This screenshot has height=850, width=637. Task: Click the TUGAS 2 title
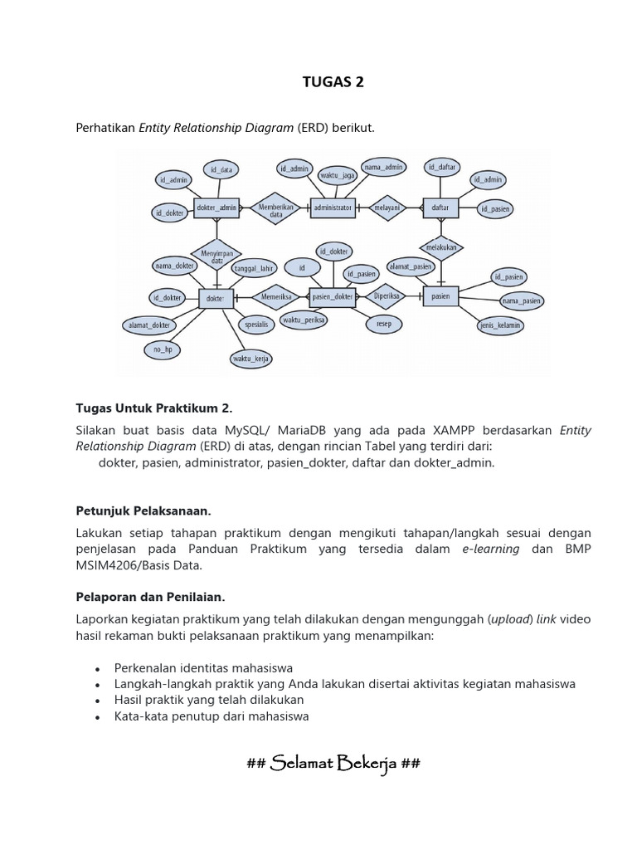[x=331, y=82]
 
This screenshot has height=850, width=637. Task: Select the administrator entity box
[x=333, y=208]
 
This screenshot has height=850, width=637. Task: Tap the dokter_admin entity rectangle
[x=216, y=208]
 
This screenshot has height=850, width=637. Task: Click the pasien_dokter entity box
[x=332, y=296]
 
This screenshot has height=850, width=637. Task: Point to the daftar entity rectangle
[x=440, y=208]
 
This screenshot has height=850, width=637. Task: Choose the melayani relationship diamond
[x=387, y=208]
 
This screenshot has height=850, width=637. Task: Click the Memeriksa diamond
[x=275, y=296]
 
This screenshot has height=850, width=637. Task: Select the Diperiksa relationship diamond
[x=387, y=296]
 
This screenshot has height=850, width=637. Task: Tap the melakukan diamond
[x=441, y=247]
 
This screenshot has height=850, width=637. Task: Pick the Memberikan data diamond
[x=275, y=208]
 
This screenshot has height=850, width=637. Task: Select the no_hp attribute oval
[x=162, y=349]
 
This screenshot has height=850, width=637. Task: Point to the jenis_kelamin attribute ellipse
[x=500, y=325]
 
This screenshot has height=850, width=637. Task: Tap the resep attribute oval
[x=384, y=323]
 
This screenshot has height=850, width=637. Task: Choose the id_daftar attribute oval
[x=443, y=167]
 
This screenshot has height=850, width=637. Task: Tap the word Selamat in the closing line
[x=302, y=764]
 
